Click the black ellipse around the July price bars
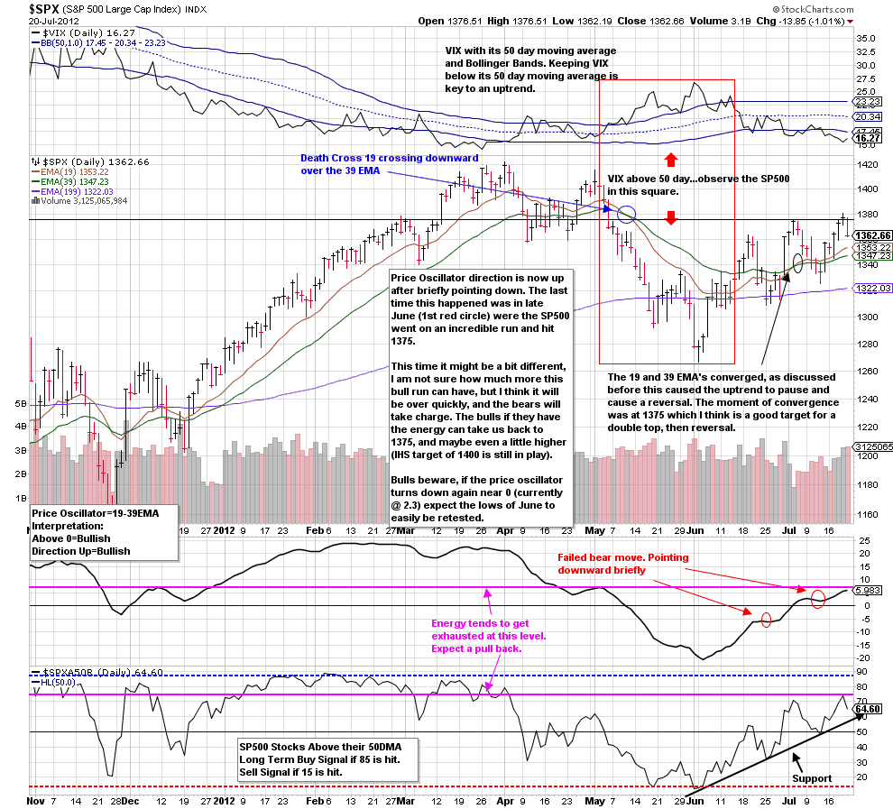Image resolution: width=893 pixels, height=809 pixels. [x=797, y=262]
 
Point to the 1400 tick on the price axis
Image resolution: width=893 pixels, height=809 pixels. [x=867, y=189]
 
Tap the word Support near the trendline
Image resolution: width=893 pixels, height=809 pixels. [x=811, y=777]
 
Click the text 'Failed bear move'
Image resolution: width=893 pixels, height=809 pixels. [x=595, y=557]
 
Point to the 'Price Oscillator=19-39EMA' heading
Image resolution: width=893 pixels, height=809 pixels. [x=95, y=512]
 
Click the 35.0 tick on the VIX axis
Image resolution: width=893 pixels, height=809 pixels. [x=866, y=39]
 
